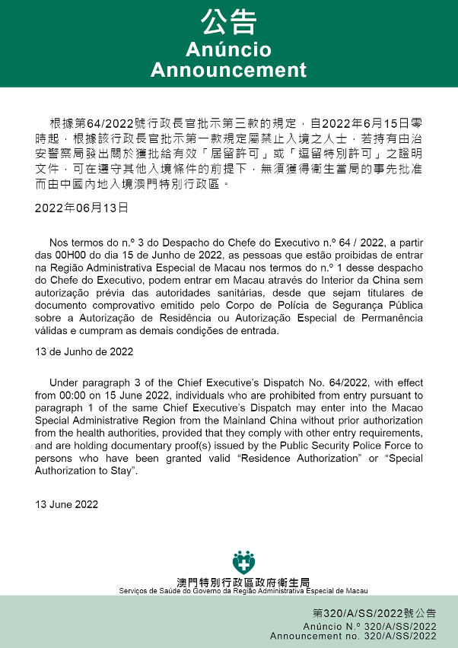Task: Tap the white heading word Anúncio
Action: tap(228, 49)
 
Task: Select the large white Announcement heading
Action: tap(228, 70)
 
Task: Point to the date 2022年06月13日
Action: tap(81, 207)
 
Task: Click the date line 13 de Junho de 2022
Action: tap(84, 351)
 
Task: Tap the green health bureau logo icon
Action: tap(243, 562)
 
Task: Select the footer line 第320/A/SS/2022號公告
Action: tap(374, 613)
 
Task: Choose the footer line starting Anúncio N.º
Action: tap(369, 626)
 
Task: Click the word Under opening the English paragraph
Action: tap(65, 383)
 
